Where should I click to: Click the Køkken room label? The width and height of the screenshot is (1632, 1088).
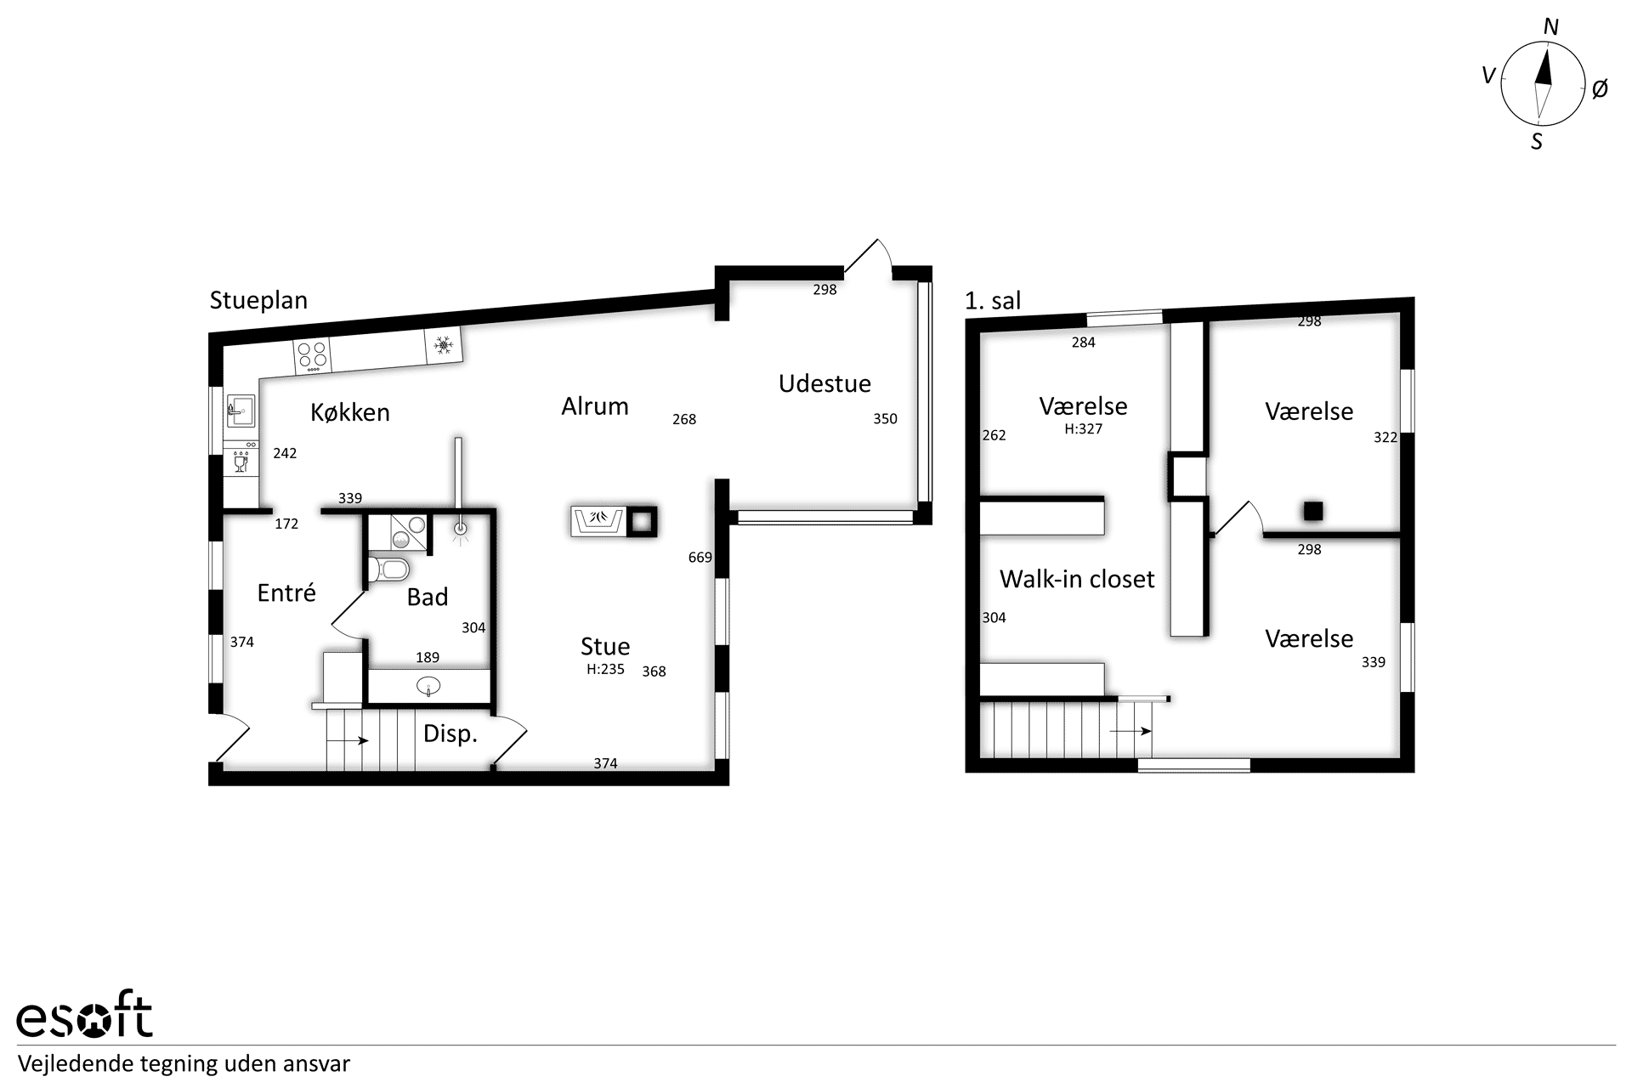coord(350,412)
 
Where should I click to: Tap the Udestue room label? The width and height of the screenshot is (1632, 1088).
coord(824,383)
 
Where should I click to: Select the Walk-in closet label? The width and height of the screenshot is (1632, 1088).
coord(1077,579)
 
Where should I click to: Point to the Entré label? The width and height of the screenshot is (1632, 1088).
coord(286,592)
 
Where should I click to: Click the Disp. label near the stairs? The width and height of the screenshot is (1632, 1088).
coord(450,734)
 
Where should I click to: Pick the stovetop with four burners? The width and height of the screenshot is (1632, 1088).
coord(312,356)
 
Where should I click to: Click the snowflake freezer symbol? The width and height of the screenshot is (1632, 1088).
coord(443,345)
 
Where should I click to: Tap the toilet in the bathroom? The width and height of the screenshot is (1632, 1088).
coord(389,569)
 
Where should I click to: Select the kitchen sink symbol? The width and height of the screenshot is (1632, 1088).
coord(241,411)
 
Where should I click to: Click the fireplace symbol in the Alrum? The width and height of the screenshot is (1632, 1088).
coord(598,520)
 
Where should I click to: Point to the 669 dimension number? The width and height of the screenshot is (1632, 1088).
coord(700,558)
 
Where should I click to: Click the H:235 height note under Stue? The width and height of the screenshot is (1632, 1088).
coord(605,669)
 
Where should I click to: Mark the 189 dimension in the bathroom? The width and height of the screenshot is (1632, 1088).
coord(428,657)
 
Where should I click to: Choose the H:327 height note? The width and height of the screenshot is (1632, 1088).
coord(1083,429)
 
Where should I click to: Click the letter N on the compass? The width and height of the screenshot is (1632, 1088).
coord(1551,28)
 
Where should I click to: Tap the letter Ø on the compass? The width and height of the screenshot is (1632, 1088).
coord(1600,88)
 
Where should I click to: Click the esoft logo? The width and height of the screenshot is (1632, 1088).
coord(85,1014)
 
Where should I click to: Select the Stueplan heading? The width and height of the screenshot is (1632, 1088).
coord(258,300)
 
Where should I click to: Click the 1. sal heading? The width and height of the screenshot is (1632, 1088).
coord(993,300)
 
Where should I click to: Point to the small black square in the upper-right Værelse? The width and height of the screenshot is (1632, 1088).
coord(1313,511)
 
